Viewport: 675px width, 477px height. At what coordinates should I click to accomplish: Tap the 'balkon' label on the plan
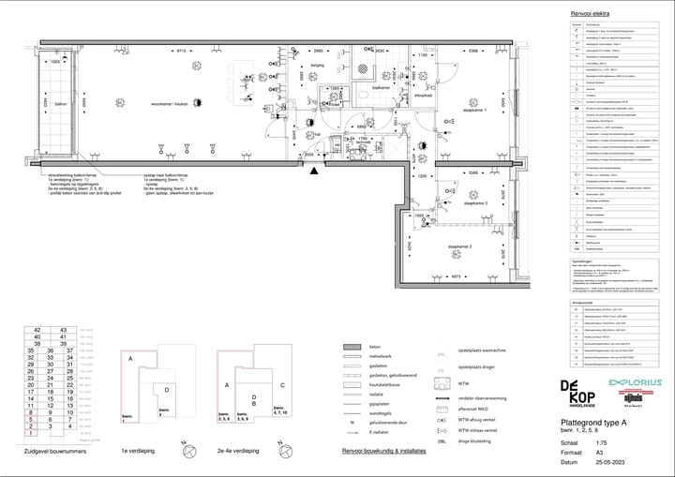[x=60, y=105]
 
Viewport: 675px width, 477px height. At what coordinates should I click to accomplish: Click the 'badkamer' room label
[x=381, y=87]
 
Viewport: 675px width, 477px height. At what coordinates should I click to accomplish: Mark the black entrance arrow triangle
[x=315, y=171]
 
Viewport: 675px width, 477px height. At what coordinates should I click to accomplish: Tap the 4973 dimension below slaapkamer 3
[x=456, y=276]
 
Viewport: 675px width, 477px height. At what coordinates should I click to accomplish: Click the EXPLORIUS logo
[x=635, y=382]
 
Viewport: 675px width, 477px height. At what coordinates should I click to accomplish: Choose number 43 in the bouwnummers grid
[x=64, y=331]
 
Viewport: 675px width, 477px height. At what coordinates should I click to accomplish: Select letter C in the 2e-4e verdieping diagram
[x=280, y=385]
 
